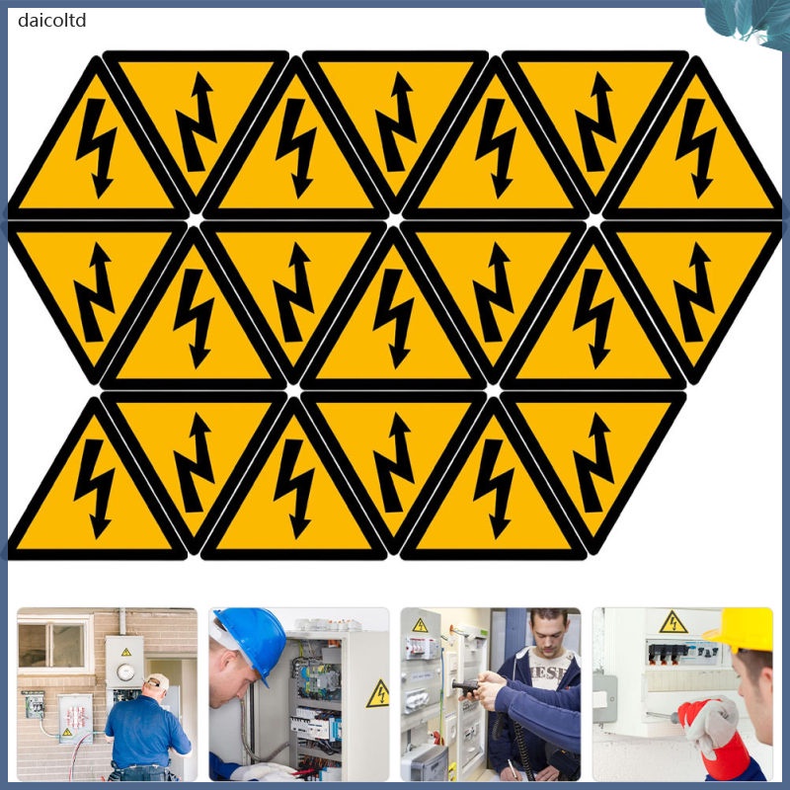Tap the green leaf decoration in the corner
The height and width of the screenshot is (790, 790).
click(x=750, y=22)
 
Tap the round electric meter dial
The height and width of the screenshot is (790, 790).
click(x=124, y=671)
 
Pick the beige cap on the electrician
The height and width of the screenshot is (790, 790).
click(x=158, y=681)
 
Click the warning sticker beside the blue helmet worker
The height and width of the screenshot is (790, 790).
click(x=377, y=694)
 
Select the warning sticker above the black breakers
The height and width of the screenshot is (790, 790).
click(x=673, y=622)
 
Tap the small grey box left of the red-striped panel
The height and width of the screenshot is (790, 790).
click(x=34, y=703)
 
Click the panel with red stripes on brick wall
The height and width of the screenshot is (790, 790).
click(x=74, y=716)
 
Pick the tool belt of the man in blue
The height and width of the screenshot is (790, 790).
click(x=148, y=766)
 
